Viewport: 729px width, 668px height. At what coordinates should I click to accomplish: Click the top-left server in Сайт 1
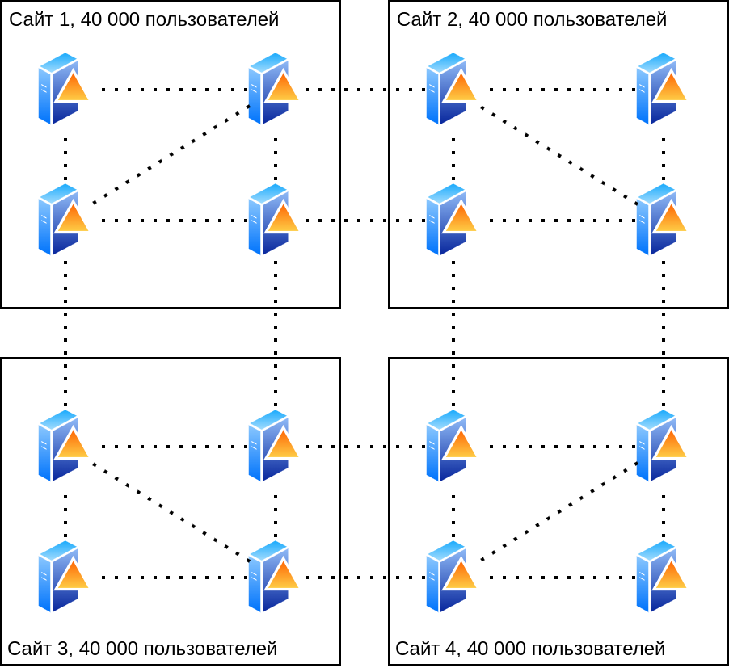(x=61, y=89)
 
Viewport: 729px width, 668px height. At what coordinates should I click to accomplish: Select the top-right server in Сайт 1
(x=272, y=89)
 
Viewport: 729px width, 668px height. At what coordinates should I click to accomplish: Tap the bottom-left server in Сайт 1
(x=61, y=220)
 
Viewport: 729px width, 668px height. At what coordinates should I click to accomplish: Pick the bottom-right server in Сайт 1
(x=272, y=220)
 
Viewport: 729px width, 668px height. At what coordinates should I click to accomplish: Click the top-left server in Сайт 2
(x=449, y=89)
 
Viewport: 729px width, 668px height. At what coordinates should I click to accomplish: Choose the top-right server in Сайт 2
(x=659, y=89)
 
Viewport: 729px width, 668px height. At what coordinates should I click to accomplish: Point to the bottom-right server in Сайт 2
(x=659, y=220)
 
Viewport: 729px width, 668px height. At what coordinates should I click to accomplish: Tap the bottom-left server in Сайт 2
(x=449, y=220)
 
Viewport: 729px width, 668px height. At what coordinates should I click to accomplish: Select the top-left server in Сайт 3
(x=61, y=446)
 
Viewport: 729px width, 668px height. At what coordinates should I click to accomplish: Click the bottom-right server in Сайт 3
(x=272, y=577)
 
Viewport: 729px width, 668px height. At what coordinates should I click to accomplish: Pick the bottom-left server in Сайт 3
(x=61, y=577)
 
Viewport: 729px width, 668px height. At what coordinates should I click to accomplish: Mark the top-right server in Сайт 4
(x=659, y=446)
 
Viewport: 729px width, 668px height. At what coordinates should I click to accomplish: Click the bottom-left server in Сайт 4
(x=449, y=577)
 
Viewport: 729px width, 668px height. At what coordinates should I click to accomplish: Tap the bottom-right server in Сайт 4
(x=659, y=577)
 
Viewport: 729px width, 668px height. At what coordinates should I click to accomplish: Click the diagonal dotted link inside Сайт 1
(x=171, y=154)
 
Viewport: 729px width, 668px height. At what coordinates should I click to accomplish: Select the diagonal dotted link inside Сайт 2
(x=558, y=154)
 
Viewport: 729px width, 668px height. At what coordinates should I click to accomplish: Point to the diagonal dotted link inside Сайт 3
(x=171, y=512)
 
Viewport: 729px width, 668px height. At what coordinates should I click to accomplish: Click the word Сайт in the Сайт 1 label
(x=29, y=19)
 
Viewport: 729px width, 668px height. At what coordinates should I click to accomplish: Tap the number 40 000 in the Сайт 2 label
(x=494, y=19)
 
